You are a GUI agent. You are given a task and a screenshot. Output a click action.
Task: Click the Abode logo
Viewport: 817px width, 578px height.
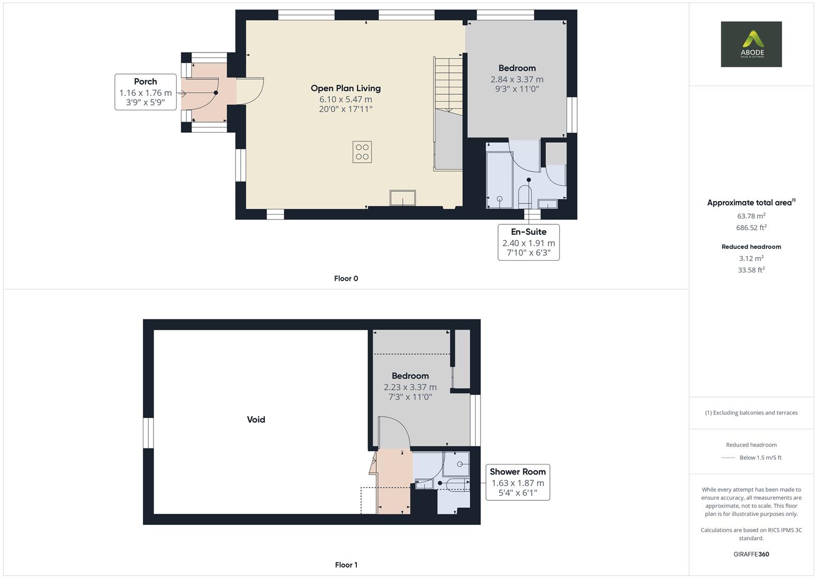(x=751, y=44)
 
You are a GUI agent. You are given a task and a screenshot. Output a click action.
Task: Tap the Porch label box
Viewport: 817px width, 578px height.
(x=146, y=92)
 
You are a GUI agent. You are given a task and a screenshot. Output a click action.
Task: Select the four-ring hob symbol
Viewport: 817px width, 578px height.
(x=362, y=152)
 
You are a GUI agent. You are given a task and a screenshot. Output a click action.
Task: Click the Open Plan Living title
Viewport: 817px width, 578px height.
(x=346, y=88)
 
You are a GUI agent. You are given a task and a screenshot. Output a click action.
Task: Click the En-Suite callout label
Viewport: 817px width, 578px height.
(x=529, y=242)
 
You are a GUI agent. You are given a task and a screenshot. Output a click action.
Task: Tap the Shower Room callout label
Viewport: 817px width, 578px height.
(x=517, y=482)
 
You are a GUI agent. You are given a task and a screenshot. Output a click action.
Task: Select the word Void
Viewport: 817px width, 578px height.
(x=256, y=420)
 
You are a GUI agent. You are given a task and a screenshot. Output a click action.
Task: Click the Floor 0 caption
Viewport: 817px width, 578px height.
(x=346, y=278)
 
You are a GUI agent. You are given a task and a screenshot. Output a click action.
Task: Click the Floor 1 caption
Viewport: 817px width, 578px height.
(x=346, y=565)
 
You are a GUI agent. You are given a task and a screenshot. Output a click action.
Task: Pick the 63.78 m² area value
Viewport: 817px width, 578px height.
(x=751, y=216)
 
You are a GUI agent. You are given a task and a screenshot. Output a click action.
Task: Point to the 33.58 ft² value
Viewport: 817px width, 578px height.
(x=751, y=270)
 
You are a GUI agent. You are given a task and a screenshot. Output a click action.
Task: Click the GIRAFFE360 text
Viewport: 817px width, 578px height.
(x=751, y=554)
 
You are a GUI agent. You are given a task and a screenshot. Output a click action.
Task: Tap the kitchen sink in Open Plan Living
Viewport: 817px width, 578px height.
(x=402, y=198)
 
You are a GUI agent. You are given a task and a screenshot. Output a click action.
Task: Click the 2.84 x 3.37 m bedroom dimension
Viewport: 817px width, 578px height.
(x=517, y=79)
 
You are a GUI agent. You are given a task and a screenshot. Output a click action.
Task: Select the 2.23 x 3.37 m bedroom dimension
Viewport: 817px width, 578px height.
(x=410, y=387)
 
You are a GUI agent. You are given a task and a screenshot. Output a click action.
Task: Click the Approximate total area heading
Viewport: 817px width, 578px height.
(x=749, y=203)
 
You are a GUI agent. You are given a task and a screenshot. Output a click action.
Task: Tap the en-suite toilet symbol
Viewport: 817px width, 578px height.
(x=525, y=196)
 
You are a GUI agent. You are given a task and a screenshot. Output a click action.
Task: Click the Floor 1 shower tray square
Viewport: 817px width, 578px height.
(x=456, y=463)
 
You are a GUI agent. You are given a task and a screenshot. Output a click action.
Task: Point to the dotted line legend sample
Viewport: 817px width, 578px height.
(x=728, y=458)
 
